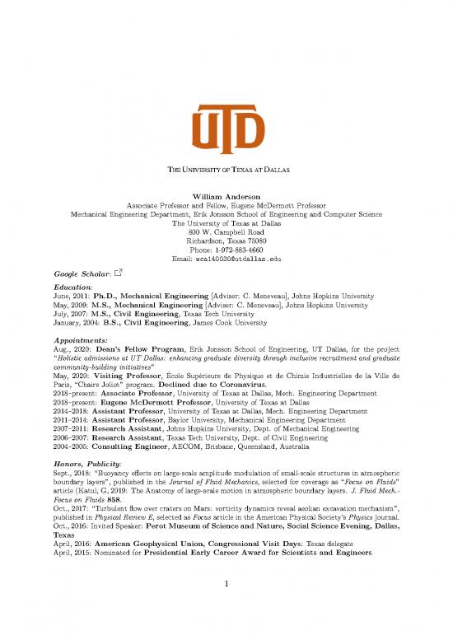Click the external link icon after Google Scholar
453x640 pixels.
(118, 272)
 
